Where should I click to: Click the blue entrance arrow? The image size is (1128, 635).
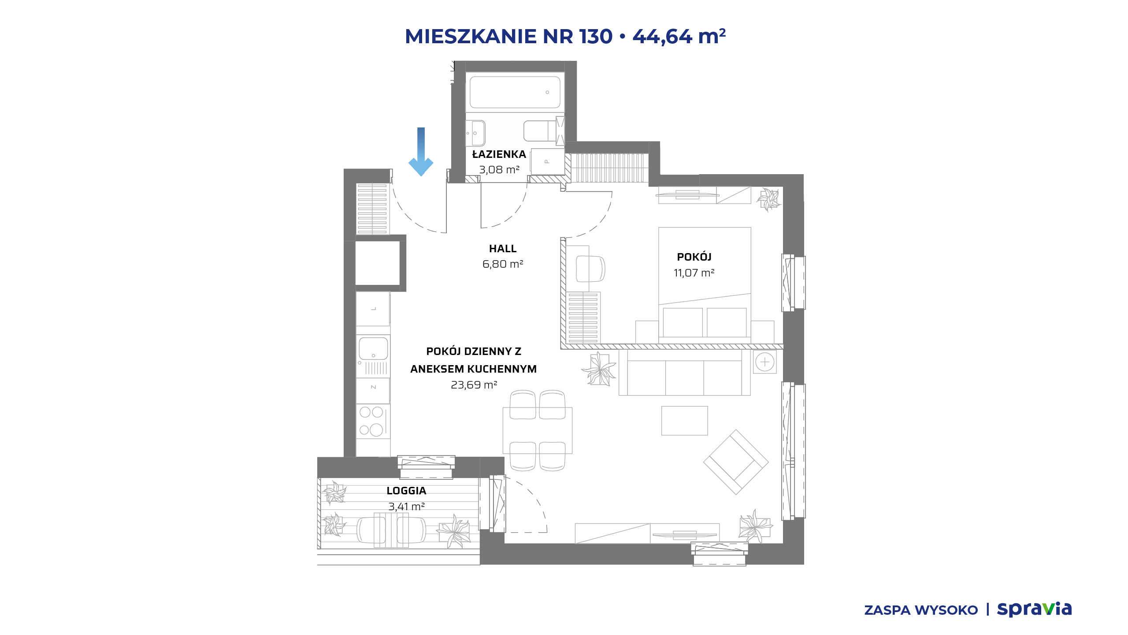[421, 152]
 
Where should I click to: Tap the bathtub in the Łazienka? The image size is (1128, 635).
[515, 92]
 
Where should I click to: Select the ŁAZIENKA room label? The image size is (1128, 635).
[499, 154]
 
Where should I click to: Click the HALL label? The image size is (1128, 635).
[503, 249]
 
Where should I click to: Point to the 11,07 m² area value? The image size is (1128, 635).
[694, 273]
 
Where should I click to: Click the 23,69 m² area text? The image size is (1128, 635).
[474, 385]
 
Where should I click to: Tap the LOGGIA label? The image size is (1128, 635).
[406, 491]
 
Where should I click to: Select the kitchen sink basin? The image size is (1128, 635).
[373, 348]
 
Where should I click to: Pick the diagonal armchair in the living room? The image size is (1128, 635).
[736, 462]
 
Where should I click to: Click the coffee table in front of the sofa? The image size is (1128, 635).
[684, 421]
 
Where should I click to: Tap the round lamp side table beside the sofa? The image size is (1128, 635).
[764, 362]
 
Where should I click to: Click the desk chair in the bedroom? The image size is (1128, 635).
[590, 269]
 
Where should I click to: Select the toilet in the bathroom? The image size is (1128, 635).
[540, 131]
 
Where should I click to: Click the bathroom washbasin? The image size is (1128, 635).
[475, 133]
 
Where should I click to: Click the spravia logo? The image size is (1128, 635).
[1034, 609]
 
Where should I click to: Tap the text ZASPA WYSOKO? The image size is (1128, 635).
[921, 610]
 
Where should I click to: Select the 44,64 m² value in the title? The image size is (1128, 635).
[679, 37]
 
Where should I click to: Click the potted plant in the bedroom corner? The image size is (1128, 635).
[768, 200]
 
